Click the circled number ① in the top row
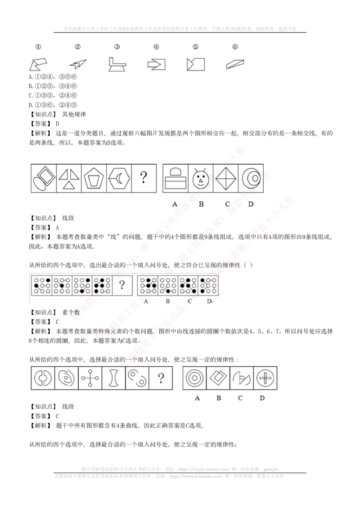click(38, 46)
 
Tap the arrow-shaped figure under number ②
click(78, 64)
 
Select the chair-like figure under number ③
click(117, 64)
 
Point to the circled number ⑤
click(195, 46)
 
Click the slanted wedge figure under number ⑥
click(235, 64)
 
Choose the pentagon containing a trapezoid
click(94, 179)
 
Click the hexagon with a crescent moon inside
click(119, 179)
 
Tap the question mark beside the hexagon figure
click(143, 178)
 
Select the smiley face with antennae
click(200, 179)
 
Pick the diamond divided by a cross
click(225, 179)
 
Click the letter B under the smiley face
click(201, 204)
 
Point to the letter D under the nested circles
click(251, 204)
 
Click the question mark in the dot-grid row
click(121, 284)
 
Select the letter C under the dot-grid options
click(189, 301)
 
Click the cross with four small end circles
click(90, 378)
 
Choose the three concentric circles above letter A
click(194, 378)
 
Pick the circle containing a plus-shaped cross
click(265, 378)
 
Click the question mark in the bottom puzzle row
click(161, 378)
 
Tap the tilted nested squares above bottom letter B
click(218, 378)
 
